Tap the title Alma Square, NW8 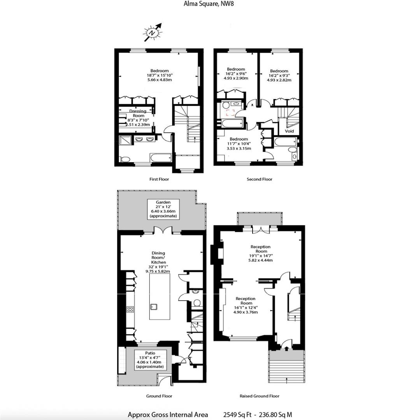point(203,4)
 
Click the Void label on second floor point(289,131)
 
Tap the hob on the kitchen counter point(130,310)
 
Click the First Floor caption point(159,179)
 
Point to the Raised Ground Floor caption point(260,396)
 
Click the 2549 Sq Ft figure point(237,415)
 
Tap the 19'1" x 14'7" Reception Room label point(260,254)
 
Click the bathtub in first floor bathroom point(160,158)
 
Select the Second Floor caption point(260,179)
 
